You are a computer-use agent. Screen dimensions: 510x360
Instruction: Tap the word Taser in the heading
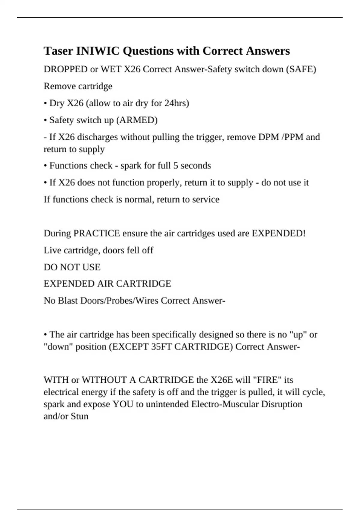[58, 51]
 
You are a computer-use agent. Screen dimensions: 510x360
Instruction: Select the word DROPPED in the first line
[65, 69]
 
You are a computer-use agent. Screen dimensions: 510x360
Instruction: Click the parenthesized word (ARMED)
[136, 120]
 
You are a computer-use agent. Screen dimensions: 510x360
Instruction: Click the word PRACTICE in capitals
[97, 233]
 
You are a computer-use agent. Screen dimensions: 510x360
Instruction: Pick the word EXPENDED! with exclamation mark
[278, 233]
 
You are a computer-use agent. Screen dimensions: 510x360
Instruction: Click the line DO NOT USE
[72, 267]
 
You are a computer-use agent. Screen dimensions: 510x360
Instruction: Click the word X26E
[222, 380]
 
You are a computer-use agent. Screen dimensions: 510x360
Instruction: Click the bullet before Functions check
[45, 166]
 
